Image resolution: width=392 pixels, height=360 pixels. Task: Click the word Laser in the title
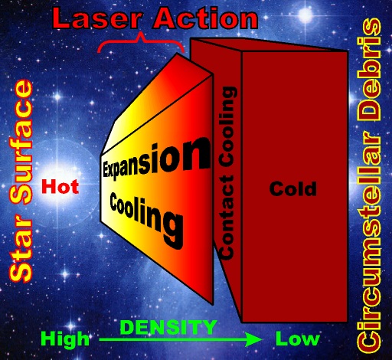[97, 18]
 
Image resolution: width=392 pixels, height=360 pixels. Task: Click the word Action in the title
[205, 18]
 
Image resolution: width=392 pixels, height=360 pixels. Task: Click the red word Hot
[60, 186]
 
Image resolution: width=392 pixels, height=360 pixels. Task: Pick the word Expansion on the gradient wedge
[157, 159]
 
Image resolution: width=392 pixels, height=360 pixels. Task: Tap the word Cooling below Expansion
[146, 220]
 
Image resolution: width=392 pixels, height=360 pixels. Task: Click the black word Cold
[293, 188]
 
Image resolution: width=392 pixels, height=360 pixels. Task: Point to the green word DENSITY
[168, 327]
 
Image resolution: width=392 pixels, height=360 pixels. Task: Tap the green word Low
[298, 339]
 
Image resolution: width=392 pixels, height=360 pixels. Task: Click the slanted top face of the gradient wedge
[155, 105]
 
